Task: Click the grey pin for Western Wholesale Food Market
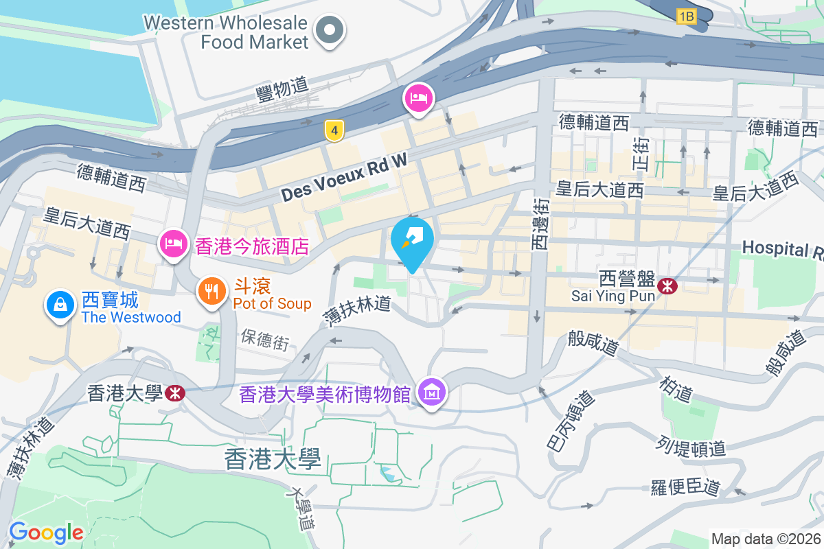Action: (x=330, y=30)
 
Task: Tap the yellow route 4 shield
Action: (x=334, y=130)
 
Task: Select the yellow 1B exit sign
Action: (x=686, y=15)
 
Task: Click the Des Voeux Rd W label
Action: (x=344, y=177)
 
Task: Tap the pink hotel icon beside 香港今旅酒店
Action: (x=174, y=244)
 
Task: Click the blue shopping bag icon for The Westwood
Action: (x=61, y=305)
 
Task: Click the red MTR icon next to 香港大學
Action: (x=174, y=393)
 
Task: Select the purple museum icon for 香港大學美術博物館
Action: (x=432, y=394)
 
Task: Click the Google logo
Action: (x=46, y=533)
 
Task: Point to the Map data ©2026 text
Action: (x=766, y=539)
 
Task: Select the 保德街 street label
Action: (x=265, y=339)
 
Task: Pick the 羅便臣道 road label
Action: (x=685, y=488)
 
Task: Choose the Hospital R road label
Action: (x=782, y=248)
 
